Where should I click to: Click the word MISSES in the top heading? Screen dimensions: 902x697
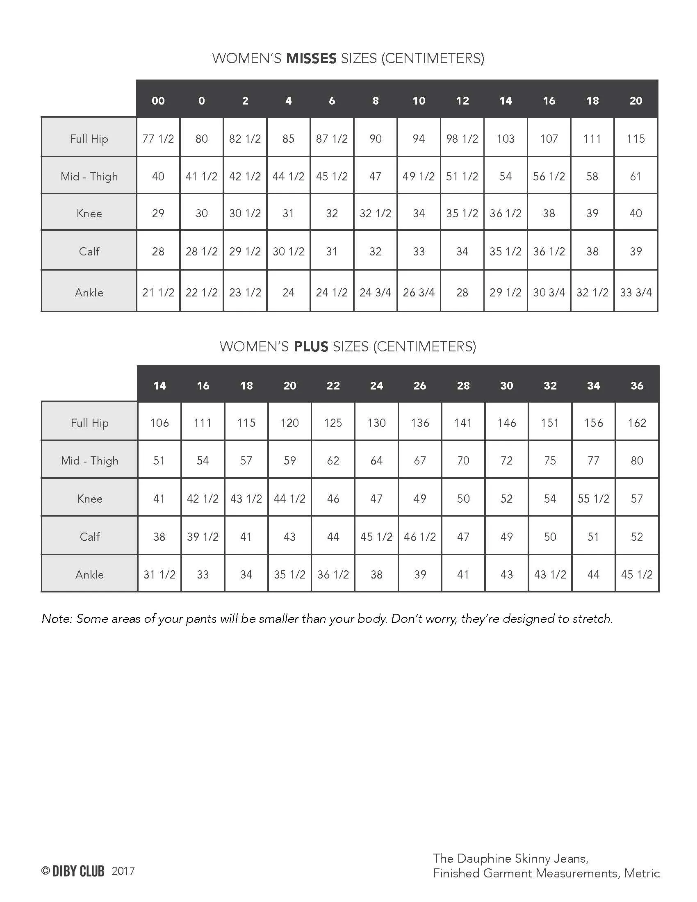click(311, 58)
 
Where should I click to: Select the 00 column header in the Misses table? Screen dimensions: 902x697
click(158, 100)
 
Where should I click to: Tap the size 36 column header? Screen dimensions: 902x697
click(637, 385)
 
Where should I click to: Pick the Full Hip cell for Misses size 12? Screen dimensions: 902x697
click(462, 138)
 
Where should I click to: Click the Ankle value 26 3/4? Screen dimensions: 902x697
click(419, 292)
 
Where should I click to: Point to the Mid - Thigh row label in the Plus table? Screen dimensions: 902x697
click(90, 460)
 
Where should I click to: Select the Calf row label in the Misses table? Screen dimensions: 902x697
click(89, 251)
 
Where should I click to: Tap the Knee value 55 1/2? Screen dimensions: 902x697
click(593, 499)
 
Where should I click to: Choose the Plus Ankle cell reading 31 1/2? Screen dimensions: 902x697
click(159, 574)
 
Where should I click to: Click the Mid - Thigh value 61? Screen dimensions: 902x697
click(635, 176)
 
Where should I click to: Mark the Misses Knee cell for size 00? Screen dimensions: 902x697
click(158, 213)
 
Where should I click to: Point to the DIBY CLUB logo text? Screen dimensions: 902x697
click(78, 871)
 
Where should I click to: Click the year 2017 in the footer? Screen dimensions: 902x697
click(123, 871)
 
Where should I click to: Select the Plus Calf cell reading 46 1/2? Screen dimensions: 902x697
click(420, 537)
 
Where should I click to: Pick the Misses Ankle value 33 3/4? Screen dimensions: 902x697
click(635, 292)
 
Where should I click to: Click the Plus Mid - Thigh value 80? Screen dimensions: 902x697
click(637, 460)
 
